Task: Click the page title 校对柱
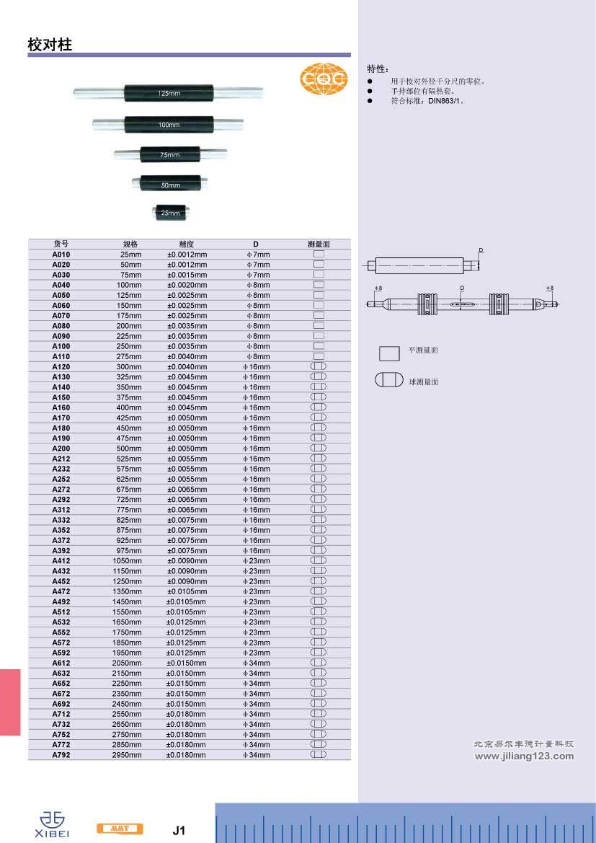(50, 45)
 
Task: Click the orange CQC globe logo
(323, 79)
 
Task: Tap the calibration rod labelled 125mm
(168, 93)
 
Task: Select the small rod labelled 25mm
(171, 212)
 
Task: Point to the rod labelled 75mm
(170, 154)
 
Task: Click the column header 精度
(187, 244)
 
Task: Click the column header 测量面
(319, 244)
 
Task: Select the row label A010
(61, 255)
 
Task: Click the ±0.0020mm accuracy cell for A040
(187, 285)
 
